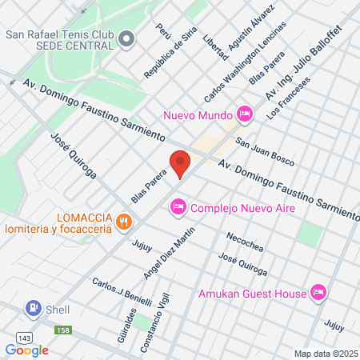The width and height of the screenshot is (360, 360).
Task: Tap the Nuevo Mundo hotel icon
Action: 245,114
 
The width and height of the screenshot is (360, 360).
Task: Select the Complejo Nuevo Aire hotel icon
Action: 178,208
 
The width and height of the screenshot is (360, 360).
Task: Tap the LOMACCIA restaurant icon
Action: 122,221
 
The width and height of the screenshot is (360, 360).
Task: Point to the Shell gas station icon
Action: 33,308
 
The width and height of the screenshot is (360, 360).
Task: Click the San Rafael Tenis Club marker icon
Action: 127,38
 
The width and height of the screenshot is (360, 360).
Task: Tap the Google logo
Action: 26,350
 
